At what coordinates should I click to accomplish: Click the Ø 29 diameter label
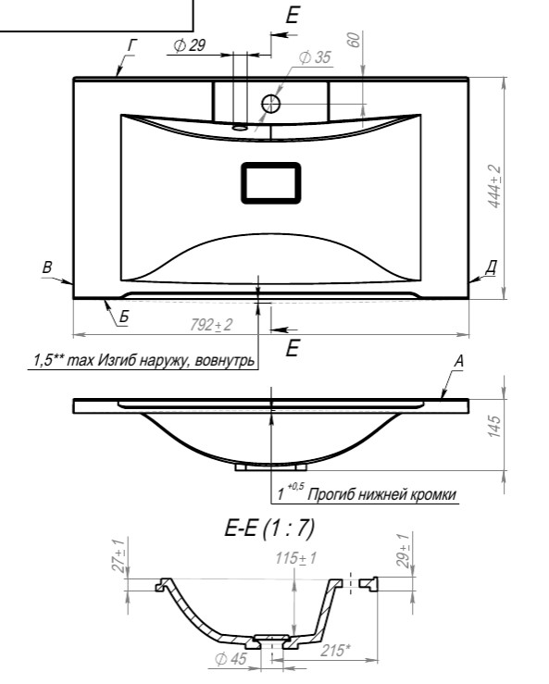[x=190, y=45]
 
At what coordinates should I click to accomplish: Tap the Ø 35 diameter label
[x=315, y=57]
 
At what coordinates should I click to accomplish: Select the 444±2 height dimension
[x=495, y=187]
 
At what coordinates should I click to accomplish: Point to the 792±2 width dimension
[x=212, y=325]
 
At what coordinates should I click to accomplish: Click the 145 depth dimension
[x=494, y=426]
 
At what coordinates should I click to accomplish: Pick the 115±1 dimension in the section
[x=296, y=558]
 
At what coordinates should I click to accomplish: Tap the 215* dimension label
[x=335, y=651]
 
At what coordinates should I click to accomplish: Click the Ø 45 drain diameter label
[x=231, y=659]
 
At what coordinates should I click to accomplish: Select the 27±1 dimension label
[x=119, y=555]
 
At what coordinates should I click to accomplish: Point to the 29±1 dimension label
[x=403, y=551]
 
